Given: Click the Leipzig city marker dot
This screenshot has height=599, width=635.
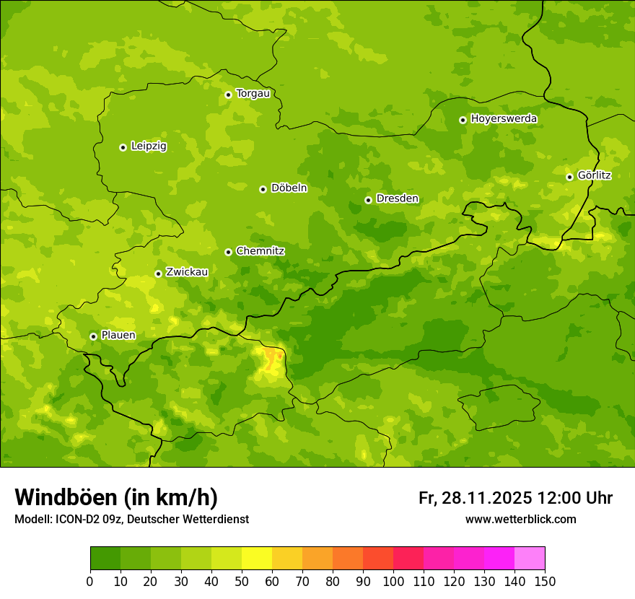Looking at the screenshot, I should click(x=123, y=147).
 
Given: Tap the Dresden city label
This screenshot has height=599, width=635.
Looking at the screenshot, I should click(x=397, y=198).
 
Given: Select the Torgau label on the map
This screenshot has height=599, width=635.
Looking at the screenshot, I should click(x=253, y=93).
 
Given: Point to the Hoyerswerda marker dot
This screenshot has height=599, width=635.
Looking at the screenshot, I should click(x=463, y=120).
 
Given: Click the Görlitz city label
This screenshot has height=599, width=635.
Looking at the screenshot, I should click(x=594, y=175).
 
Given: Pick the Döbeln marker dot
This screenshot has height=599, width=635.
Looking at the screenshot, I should click(x=263, y=189).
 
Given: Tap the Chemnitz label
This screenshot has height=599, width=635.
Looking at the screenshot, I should click(x=260, y=251).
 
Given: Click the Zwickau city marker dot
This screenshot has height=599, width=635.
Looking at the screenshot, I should click(x=158, y=274).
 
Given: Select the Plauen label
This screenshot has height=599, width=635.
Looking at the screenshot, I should click(x=118, y=335).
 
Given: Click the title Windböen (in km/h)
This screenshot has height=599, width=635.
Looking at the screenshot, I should click(x=115, y=497).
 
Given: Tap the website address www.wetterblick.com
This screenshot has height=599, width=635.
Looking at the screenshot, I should click(x=520, y=519).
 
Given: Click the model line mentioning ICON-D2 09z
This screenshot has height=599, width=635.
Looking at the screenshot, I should click(x=131, y=519).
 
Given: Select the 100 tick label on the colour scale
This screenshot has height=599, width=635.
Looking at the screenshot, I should click(x=393, y=581).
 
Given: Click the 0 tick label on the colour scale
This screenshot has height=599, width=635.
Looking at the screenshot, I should click(x=90, y=581).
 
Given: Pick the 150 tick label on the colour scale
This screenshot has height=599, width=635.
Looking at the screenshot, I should click(x=545, y=581).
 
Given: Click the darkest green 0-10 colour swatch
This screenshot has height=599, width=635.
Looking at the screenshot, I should click(x=105, y=559).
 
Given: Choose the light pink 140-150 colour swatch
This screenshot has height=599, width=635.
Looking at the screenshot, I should click(x=530, y=559).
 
